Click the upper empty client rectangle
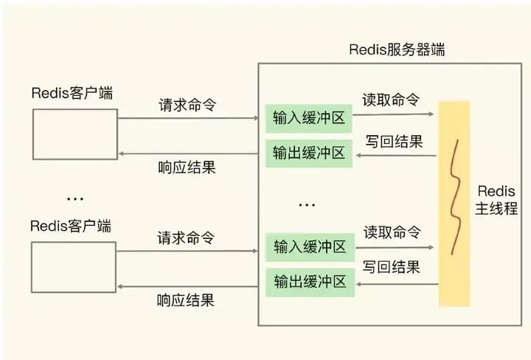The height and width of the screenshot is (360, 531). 75,134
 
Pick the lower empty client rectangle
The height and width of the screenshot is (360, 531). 75,266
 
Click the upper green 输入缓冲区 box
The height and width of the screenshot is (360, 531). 309,117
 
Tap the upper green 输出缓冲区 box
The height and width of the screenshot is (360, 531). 309,153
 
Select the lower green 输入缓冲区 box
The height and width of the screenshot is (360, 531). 309,246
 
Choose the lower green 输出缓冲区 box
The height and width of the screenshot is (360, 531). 309,281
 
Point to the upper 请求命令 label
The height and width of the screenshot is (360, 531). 187,105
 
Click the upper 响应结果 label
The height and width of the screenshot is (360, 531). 187,167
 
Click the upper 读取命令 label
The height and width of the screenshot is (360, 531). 392,100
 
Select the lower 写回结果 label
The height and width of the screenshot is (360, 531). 392,266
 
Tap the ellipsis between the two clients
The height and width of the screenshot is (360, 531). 74,198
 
